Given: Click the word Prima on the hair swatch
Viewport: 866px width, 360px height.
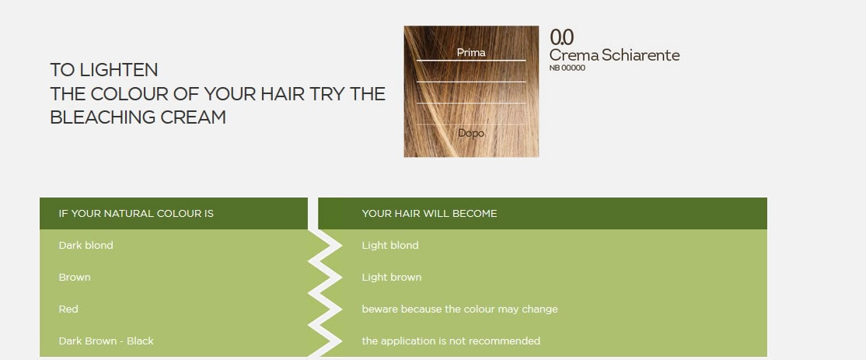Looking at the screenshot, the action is (x=471, y=52).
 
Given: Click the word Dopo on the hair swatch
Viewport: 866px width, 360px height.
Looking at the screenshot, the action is (x=471, y=133).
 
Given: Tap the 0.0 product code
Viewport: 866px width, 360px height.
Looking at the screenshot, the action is (x=562, y=37).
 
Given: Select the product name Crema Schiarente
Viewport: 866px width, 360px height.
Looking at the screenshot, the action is (x=614, y=55).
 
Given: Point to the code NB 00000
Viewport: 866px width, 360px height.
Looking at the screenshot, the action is (x=567, y=68).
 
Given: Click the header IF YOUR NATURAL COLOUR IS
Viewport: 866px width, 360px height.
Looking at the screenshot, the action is (x=136, y=213).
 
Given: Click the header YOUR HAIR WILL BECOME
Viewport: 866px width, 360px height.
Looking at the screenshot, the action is (x=429, y=213).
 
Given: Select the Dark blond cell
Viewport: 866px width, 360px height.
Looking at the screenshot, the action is (x=86, y=245).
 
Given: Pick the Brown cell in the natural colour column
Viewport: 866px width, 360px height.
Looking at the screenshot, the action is (x=75, y=277).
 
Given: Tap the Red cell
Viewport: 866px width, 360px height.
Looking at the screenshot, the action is (x=68, y=309).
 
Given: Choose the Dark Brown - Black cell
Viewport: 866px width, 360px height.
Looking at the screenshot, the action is (x=106, y=341).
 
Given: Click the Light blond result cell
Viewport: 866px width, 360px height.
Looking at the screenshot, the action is (x=390, y=245).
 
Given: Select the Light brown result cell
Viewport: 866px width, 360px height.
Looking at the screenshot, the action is (x=392, y=277).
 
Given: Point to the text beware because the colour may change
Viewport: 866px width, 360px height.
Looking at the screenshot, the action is (x=459, y=309).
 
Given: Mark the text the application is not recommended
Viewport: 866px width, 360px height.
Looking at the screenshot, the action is (x=451, y=341).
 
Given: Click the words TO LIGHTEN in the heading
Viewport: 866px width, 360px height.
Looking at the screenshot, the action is (x=104, y=70).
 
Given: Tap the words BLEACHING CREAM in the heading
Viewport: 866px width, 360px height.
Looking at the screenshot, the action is (x=138, y=117).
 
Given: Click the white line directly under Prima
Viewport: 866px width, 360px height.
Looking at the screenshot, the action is (x=471, y=60).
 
